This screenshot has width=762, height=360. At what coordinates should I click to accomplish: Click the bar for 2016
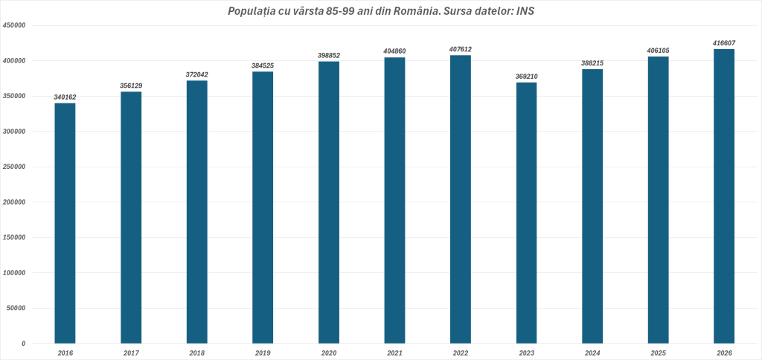pos(65,223)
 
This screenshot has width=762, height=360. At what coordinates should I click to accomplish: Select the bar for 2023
pos(526,213)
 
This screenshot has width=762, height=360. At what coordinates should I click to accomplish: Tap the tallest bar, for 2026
pos(724,196)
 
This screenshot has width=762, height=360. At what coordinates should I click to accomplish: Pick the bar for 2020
pos(329,202)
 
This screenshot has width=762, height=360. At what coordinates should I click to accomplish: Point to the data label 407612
pos(461,50)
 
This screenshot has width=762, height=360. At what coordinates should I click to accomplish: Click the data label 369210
pos(527,77)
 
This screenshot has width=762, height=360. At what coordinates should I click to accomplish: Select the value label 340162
pos(65,97)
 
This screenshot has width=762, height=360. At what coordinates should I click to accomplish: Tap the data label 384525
pos(263,65)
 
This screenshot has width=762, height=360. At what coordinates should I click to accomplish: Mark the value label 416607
pos(724,43)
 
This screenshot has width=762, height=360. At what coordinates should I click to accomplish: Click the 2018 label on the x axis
pos(196,353)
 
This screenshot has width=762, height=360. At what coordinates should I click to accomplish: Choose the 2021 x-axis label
pos(394,353)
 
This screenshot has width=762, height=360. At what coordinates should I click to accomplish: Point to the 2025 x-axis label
pos(659,353)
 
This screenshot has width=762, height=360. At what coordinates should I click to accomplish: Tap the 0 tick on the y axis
pos(23,344)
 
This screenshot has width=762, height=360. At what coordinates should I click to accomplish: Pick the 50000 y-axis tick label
pos(16,308)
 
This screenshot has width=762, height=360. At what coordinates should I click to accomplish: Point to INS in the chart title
pos(525,11)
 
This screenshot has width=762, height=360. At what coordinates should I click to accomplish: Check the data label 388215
pos(593,64)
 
